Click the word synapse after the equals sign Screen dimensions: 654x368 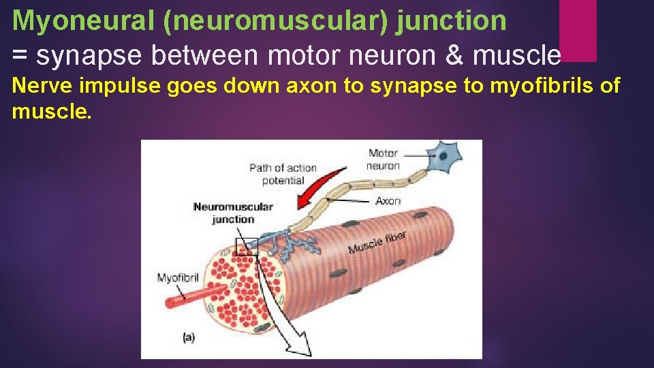[91, 56]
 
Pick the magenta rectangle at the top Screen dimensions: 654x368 [578, 30]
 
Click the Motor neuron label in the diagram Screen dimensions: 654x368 [383, 159]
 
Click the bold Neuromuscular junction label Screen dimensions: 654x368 [233, 213]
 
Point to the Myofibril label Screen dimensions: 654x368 [178, 278]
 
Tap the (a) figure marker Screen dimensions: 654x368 [189, 336]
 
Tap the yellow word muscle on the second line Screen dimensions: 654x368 [52, 111]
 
